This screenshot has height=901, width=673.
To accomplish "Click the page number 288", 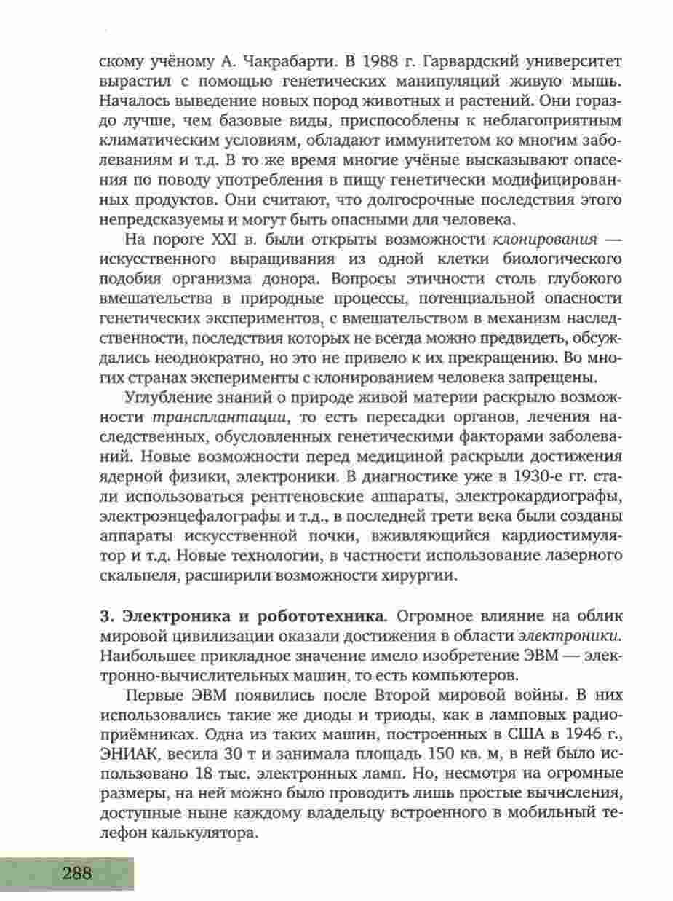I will point(76,873).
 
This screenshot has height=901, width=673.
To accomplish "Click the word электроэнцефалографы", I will point(190,516).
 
